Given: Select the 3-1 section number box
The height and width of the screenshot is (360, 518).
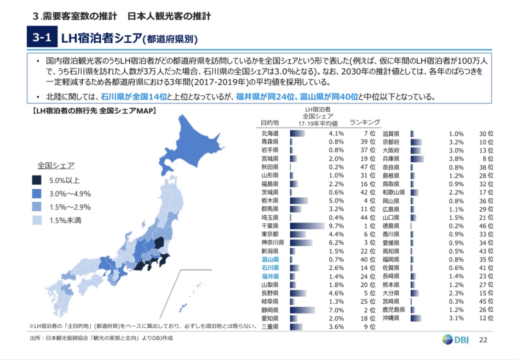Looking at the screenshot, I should pyautogui.click(x=41, y=38).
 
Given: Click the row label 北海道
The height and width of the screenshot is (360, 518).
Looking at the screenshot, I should pyautogui.click(x=270, y=134).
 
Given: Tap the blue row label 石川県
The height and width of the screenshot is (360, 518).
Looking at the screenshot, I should pyautogui.click(x=270, y=268).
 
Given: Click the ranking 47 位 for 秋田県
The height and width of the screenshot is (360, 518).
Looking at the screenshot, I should pyautogui.click(x=368, y=167).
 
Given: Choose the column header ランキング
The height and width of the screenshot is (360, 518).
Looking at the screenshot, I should pyautogui.click(x=364, y=122).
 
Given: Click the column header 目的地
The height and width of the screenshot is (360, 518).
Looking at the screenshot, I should pyautogui.click(x=270, y=123).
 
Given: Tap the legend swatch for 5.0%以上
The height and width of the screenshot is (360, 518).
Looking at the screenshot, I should pyautogui.click(x=37, y=180).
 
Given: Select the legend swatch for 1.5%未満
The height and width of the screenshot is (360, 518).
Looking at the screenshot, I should pyautogui.click(x=37, y=220).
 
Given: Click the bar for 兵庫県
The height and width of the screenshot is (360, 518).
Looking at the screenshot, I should pyautogui.click(x=417, y=159).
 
